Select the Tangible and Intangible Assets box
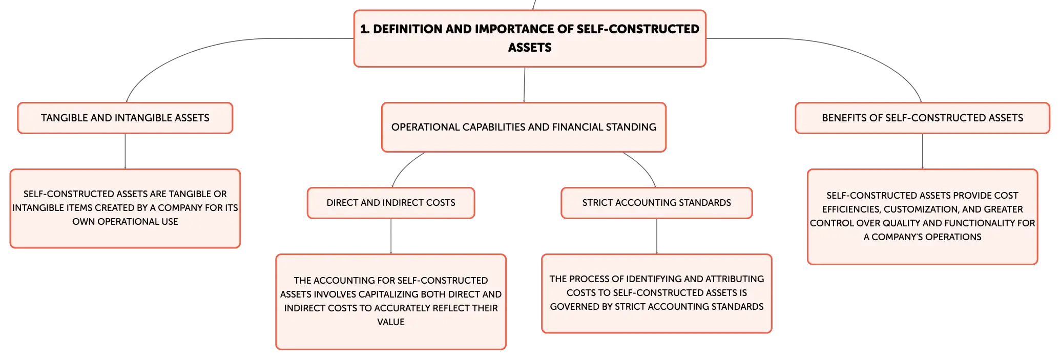[125, 118]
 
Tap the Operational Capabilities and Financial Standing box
[524, 127]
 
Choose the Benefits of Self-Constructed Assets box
[922, 118]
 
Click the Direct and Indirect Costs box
[391, 203]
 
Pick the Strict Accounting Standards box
[656, 203]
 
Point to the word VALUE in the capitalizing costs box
[391, 322]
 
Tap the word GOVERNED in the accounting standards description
[574, 307]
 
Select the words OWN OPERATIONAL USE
[125, 222]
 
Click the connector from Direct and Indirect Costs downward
[391, 236]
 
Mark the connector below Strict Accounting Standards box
[657, 236]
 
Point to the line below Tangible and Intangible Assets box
[125, 151]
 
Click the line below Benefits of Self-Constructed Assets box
[923, 151]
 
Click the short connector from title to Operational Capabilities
[525, 84]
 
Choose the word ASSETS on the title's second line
[530, 48]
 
